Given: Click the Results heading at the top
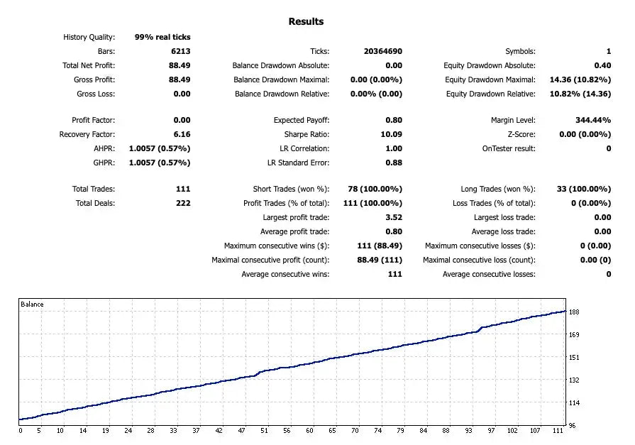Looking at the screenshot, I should [306, 21].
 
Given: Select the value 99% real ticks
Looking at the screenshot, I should [162, 37].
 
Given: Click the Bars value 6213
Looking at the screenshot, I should [180, 51].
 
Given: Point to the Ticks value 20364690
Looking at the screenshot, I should [377, 51].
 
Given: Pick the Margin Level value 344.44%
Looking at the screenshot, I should [592, 120].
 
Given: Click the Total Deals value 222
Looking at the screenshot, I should [182, 203].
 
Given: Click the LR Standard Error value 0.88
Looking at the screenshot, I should [394, 163].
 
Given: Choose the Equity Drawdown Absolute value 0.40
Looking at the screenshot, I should [602, 65].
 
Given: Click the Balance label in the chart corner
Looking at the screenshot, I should [32, 304].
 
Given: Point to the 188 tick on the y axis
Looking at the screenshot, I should [574, 312].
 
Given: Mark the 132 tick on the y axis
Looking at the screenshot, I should [574, 380].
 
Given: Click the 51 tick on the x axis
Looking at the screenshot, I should [263, 430].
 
